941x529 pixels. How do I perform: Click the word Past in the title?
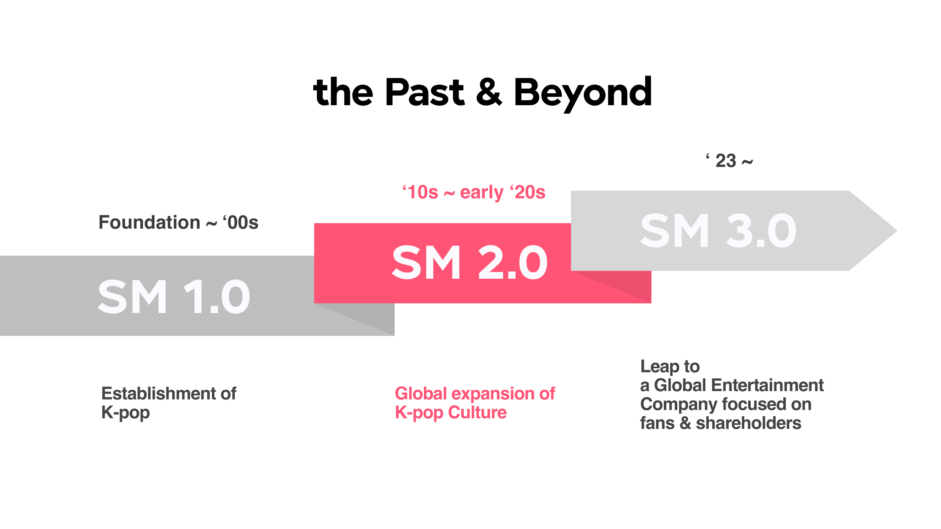click(x=425, y=92)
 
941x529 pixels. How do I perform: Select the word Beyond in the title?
click(x=583, y=94)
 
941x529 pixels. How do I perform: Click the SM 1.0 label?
click(x=174, y=297)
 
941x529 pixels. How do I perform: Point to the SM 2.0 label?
click(x=470, y=263)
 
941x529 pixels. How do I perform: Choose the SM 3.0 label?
click(x=718, y=231)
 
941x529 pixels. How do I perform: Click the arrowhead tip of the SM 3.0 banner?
click(x=897, y=231)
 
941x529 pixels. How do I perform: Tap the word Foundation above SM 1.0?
click(x=149, y=222)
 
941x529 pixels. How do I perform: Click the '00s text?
click(x=240, y=222)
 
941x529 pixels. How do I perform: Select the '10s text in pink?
click(x=420, y=192)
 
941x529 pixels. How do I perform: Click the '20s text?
click(x=527, y=192)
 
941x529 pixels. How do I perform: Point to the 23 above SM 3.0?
click(x=726, y=161)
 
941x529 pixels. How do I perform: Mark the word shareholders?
click(x=749, y=423)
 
